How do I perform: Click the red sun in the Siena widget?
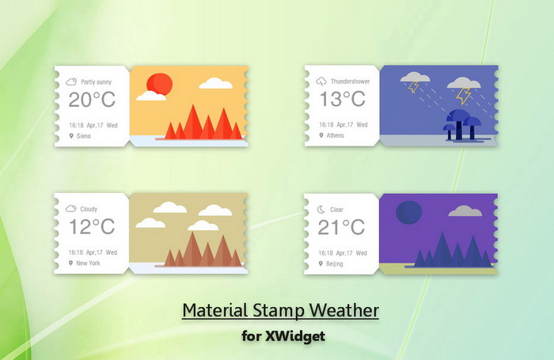(x=159, y=85)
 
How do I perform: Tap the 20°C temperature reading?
(x=92, y=99)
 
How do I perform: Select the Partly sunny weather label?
(x=96, y=82)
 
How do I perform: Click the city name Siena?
(x=84, y=135)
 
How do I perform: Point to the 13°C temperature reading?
(x=342, y=99)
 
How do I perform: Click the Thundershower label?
(x=350, y=81)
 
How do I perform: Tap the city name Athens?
(x=336, y=135)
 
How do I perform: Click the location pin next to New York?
(x=70, y=263)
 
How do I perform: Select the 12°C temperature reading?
(x=92, y=226)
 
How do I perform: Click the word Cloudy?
(x=89, y=209)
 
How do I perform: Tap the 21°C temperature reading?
(x=341, y=227)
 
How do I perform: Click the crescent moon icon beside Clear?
(x=321, y=210)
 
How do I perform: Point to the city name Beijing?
(x=334, y=263)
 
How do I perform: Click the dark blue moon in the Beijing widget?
(x=409, y=212)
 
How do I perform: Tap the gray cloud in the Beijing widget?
(x=465, y=210)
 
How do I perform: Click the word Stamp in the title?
(x=278, y=310)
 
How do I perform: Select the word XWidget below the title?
(x=295, y=335)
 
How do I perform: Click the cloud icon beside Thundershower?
(x=321, y=81)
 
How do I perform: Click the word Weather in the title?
(x=344, y=310)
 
